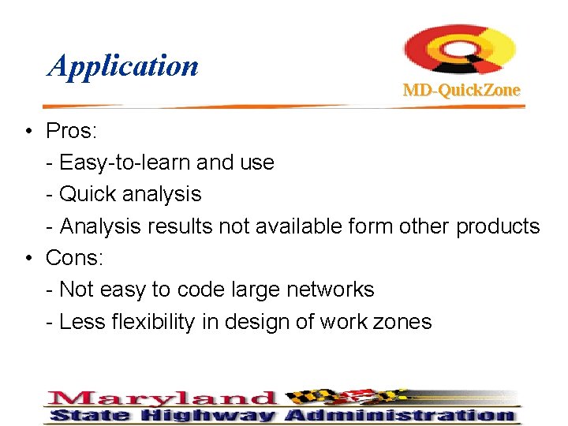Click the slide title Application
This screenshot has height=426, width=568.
(123, 65)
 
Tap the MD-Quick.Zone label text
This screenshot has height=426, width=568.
(461, 90)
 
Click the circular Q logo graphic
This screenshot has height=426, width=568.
(460, 50)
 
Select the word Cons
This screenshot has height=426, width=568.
(73, 258)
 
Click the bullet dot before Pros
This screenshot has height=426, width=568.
(28, 131)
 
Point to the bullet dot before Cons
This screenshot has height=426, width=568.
(28, 258)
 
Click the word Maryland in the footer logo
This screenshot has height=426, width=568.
(162, 398)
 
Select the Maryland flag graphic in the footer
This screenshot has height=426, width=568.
(340, 397)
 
